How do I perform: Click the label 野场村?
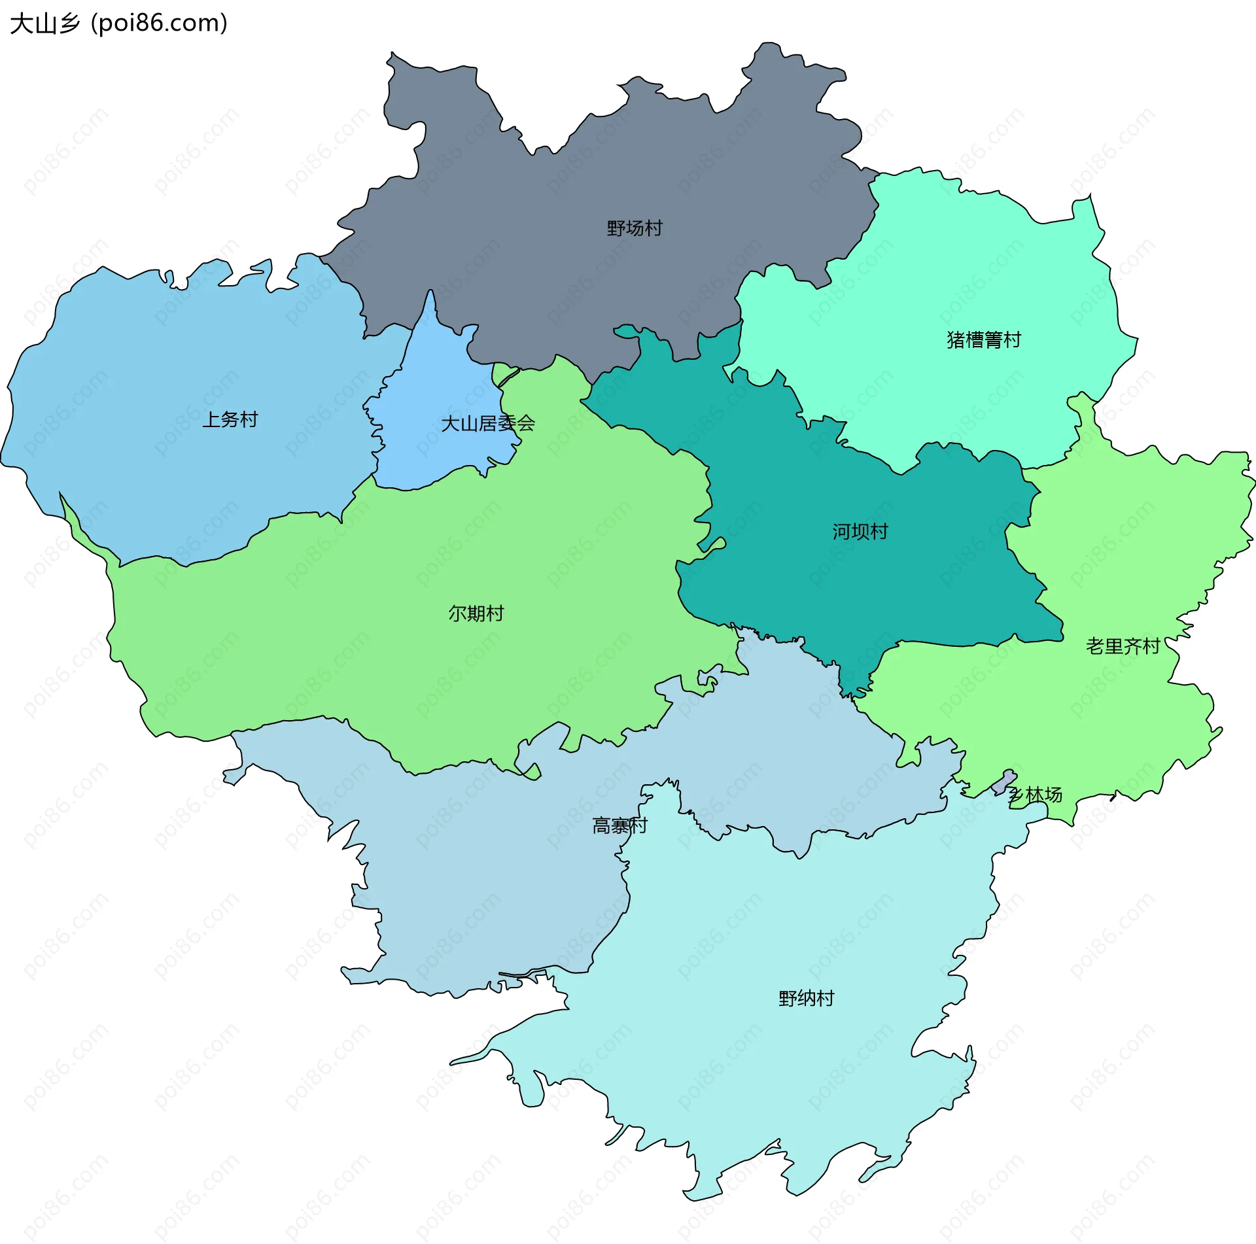click(x=634, y=228)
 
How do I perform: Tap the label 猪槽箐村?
click(x=983, y=340)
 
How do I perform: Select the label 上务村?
click(x=230, y=419)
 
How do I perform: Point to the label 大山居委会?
click(x=488, y=424)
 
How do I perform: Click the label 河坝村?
click(x=860, y=532)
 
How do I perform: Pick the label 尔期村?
click(x=476, y=613)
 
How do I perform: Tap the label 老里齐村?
click(x=1123, y=646)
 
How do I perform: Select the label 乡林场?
click(x=1035, y=795)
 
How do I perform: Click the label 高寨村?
click(x=619, y=826)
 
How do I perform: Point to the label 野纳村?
click(x=806, y=999)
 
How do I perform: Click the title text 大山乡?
click(x=44, y=24)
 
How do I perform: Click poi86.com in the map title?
click(x=159, y=24)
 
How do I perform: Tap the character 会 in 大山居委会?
click(x=527, y=424)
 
